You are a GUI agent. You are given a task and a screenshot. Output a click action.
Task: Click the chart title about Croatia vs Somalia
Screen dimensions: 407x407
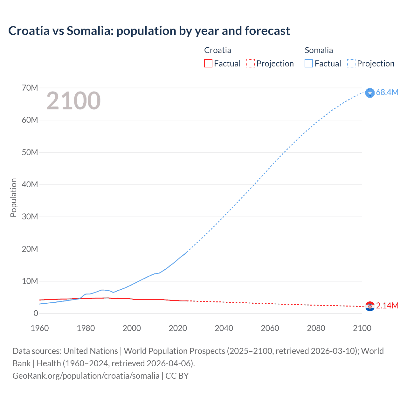click(x=149, y=31)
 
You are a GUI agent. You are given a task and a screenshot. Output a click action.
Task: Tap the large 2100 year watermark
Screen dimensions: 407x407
click(x=73, y=101)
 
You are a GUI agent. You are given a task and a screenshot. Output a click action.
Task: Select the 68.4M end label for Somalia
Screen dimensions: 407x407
click(x=387, y=92)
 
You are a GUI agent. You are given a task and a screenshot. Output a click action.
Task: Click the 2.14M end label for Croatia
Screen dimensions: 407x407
click(x=387, y=306)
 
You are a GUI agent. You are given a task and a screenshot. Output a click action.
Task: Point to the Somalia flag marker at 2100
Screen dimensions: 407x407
click(x=370, y=93)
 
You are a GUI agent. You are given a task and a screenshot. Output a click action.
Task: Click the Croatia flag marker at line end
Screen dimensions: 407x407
click(x=370, y=306)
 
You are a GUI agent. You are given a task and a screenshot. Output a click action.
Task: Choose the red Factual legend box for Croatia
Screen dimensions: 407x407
click(x=208, y=64)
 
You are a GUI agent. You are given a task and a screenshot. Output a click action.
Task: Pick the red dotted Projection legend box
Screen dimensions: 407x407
click(x=251, y=64)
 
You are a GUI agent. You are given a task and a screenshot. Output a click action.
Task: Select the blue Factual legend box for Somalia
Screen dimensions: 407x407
click(x=308, y=64)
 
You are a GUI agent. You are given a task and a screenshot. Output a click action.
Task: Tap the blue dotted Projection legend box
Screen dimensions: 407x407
click(x=351, y=64)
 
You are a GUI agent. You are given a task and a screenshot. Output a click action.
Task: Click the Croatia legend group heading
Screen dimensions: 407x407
click(x=217, y=50)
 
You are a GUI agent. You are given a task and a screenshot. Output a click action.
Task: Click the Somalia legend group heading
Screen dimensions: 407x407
click(x=319, y=50)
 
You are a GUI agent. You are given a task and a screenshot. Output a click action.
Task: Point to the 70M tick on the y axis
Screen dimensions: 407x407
click(x=30, y=88)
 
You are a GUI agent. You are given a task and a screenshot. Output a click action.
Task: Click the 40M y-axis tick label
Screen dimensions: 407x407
click(x=30, y=184)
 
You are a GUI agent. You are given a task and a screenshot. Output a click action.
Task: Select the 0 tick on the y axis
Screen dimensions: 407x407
click(x=36, y=313)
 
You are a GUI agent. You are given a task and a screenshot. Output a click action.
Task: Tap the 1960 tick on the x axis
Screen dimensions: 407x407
click(x=40, y=328)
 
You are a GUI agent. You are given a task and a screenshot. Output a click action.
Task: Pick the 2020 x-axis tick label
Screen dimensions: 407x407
click(x=178, y=328)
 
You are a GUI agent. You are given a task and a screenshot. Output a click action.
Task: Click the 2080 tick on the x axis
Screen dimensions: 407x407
click(x=316, y=328)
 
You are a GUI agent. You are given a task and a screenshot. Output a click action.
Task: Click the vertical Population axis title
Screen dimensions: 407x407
click(x=13, y=197)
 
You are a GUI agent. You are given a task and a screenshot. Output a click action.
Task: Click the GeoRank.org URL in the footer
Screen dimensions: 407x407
click(x=86, y=376)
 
